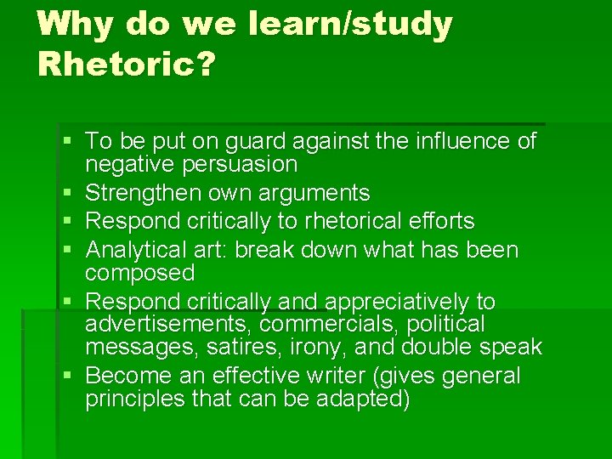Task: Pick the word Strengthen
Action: [x=144, y=193]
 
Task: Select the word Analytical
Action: [x=141, y=251]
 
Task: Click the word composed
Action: [x=140, y=273]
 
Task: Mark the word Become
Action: [x=125, y=376]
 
